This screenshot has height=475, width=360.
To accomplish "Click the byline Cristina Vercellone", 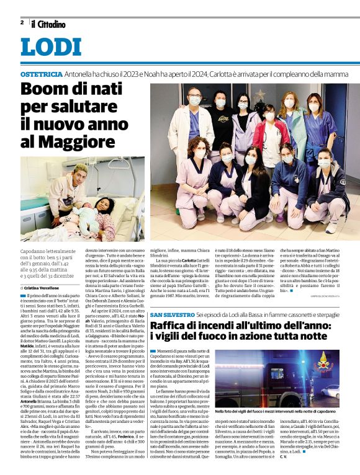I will [x=47, y=288].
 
